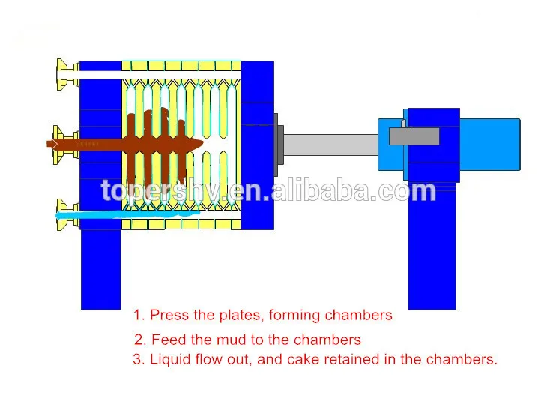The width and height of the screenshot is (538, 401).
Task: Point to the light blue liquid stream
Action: tap(127, 215)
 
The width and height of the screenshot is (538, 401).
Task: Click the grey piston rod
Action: tap(330, 145)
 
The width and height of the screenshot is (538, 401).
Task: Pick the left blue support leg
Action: tap(100, 270)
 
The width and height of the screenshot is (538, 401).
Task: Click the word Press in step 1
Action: tap(165, 316)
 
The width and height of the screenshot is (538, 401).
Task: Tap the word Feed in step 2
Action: tap(167, 340)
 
